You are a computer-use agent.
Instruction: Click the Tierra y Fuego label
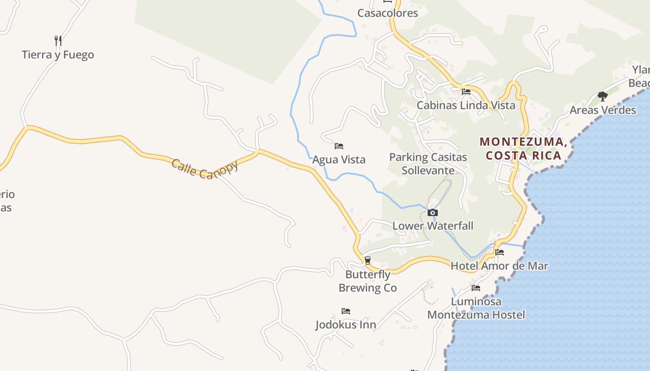coord(58,55)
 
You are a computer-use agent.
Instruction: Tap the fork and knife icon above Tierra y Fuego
coord(58,41)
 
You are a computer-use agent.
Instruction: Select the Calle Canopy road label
coord(205,169)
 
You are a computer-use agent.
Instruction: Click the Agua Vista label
coord(339,160)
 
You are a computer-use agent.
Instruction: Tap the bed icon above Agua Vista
coord(339,146)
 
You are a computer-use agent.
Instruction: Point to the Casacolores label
coord(388,13)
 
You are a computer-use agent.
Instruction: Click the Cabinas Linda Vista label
coord(466,105)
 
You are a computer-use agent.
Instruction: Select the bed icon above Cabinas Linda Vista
coord(466,92)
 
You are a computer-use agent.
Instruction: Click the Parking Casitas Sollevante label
coord(428,164)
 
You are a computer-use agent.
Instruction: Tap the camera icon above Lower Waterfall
coord(433,213)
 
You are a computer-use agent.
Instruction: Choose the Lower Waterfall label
coord(433,226)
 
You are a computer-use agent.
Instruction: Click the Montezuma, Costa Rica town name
coord(523,148)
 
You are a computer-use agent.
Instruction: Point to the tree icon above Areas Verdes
coord(603,96)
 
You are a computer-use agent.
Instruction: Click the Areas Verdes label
coord(603,110)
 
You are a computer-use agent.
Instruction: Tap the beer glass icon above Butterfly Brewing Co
coord(368,261)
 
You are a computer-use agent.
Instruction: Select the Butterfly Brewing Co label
coord(368,281)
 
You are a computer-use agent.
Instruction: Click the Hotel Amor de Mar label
coord(499,266)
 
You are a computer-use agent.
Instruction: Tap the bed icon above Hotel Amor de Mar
coord(500,252)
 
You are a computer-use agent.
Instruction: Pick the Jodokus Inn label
coord(345,324)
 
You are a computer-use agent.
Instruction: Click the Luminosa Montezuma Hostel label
coord(476,308)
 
